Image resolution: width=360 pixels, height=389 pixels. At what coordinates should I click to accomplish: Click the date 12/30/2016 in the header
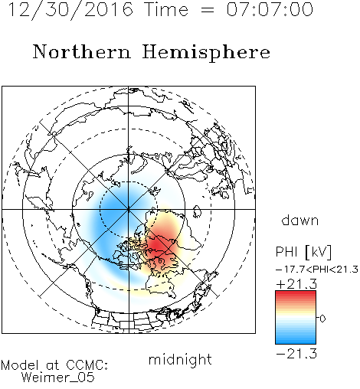(70, 10)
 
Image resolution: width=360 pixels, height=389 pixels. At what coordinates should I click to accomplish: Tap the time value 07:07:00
(270, 9)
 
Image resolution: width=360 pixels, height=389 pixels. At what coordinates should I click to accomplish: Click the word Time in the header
(166, 9)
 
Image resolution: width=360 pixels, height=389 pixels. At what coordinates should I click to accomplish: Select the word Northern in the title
(82, 51)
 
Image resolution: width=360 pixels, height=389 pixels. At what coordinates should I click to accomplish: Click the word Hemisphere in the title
(206, 53)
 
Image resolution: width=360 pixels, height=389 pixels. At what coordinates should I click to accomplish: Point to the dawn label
(300, 221)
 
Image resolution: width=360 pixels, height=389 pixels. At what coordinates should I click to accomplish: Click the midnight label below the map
(180, 359)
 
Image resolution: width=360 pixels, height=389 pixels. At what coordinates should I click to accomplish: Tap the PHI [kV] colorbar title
(303, 252)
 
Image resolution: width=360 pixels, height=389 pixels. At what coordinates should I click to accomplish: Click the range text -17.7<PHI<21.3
(317, 270)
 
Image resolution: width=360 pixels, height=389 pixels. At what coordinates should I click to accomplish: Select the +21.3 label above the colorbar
(296, 284)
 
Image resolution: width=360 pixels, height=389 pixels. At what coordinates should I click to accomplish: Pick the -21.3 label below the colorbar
(296, 354)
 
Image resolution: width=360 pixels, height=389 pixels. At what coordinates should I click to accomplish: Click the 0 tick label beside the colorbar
(322, 319)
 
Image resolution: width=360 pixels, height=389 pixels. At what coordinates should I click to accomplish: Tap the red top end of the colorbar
(296, 293)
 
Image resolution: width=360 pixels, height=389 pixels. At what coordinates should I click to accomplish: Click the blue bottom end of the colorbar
(296, 342)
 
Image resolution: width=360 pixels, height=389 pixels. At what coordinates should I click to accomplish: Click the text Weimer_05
(58, 378)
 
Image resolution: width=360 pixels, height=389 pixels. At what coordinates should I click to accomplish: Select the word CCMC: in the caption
(87, 365)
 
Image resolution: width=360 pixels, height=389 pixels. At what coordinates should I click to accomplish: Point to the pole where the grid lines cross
(129, 209)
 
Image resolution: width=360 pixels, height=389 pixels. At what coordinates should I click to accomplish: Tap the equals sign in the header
(208, 10)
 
